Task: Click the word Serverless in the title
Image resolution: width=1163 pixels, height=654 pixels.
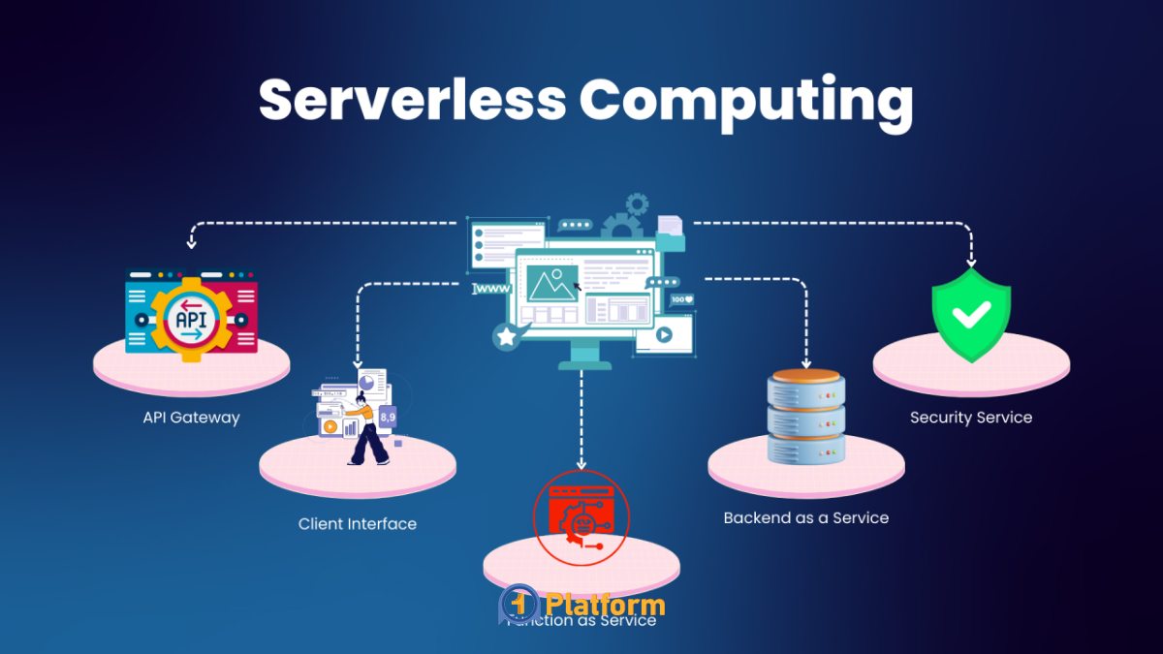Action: click(410, 99)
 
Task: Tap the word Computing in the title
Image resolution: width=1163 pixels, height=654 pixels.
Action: click(746, 101)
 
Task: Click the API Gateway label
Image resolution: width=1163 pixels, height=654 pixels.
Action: click(191, 418)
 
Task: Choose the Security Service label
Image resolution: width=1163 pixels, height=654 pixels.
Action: click(971, 418)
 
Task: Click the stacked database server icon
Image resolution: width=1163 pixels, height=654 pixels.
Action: click(805, 415)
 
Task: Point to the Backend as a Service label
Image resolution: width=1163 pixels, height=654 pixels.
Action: click(805, 517)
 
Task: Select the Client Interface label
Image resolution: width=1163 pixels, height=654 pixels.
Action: click(358, 524)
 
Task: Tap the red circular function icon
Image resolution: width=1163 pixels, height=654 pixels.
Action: click(581, 517)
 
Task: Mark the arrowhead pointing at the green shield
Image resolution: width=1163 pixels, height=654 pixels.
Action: click(971, 262)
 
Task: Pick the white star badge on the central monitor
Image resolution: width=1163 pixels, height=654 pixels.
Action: click(506, 336)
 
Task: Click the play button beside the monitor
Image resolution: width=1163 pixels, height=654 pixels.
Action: click(664, 334)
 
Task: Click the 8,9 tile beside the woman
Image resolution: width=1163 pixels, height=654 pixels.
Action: click(387, 417)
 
